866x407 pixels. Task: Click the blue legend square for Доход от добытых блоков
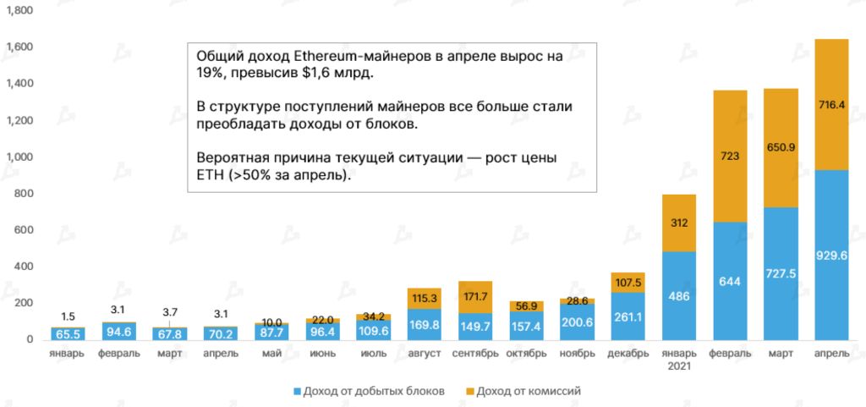point(297,392)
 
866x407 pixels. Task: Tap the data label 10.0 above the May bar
point(271,322)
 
